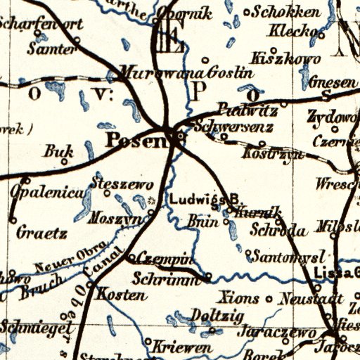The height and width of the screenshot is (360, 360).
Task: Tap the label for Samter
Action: point(51,49)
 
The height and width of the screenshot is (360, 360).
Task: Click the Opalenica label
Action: point(47,191)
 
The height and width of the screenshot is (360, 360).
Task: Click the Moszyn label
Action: point(112,219)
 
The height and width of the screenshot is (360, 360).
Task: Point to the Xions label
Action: point(240,297)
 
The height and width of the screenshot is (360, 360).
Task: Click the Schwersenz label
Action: point(226,128)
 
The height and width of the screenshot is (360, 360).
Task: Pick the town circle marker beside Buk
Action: point(64,162)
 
